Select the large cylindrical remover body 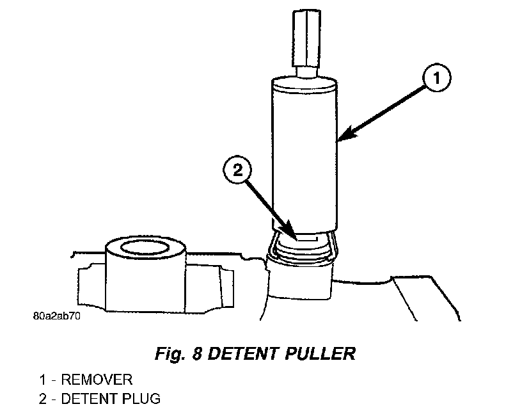[303, 154]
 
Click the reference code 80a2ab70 [57, 316]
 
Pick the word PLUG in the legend [140, 399]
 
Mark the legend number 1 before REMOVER [42, 381]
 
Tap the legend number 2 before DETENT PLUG [43, 399]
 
